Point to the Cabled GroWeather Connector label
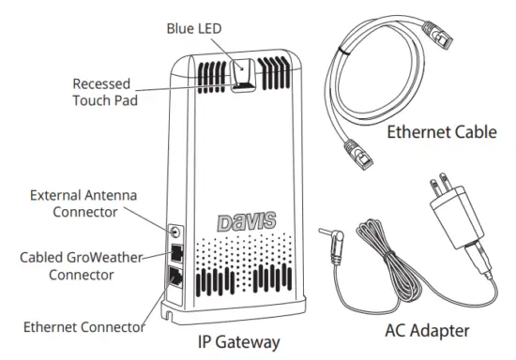pos(82,266)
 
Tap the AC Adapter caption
pos(427,332)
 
